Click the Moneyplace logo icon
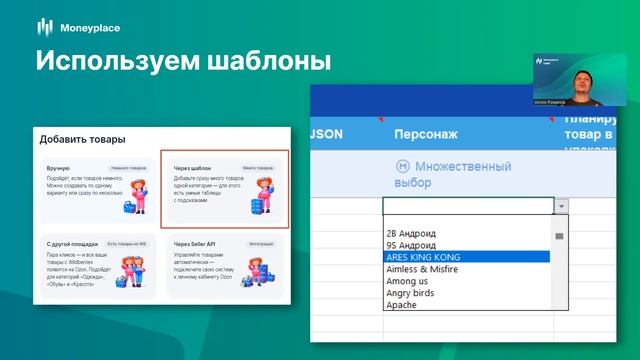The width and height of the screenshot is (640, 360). point(45,26)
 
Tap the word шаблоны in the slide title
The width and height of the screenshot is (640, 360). point(268,61)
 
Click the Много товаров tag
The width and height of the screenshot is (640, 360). point(257,169)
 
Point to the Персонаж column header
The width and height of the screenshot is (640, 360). point(427,133)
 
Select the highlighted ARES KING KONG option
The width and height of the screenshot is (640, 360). point(424,257)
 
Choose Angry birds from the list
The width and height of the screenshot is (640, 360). point(413,293)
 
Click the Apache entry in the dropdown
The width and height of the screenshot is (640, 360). point(403,305)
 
